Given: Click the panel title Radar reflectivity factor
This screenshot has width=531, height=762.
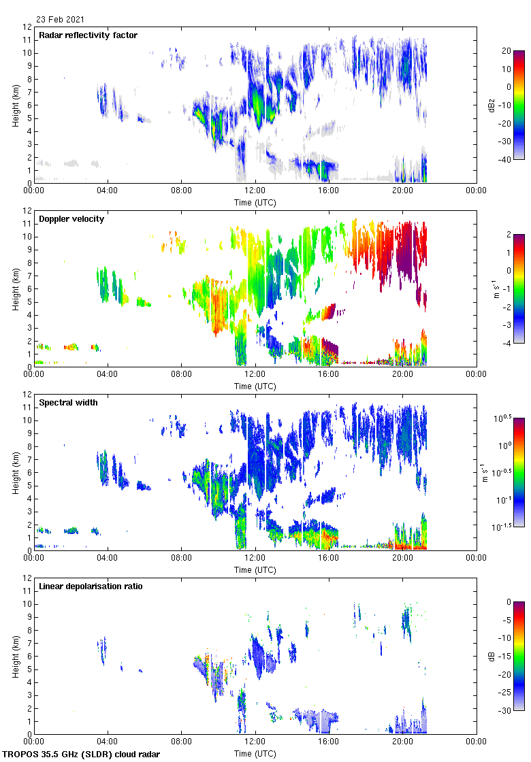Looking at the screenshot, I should (88, 35).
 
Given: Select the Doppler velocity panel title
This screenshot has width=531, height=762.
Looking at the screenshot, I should (71, 218).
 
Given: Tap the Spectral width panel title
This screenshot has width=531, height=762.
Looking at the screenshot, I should (68, 402).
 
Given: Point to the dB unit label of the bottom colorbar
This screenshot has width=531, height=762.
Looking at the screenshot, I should (492, 656).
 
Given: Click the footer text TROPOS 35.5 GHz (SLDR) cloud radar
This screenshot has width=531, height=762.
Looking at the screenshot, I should (82, 754).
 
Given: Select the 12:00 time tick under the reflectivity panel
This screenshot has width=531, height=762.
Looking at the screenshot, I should (255, 191).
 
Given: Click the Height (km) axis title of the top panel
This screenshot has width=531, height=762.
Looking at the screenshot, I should (16, 105).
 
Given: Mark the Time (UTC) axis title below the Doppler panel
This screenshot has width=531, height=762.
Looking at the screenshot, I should (255, 386).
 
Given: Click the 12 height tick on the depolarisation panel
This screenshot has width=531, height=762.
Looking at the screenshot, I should (27, 578).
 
